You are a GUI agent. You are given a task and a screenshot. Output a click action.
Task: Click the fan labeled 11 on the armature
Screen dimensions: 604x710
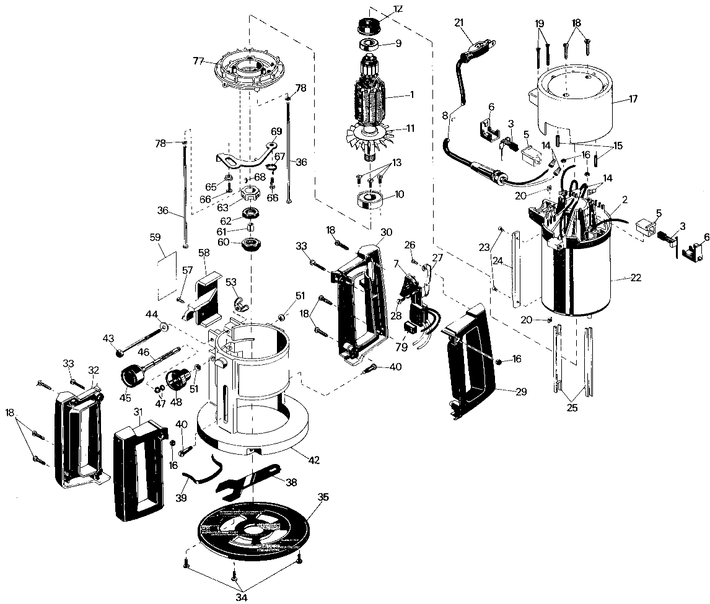(372, 136)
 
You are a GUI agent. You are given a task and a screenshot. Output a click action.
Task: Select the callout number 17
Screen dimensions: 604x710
(633, 98)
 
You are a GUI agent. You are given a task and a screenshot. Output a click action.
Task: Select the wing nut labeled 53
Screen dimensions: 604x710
(237, 303)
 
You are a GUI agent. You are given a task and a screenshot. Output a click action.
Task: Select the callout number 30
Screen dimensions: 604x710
(387, 232)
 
